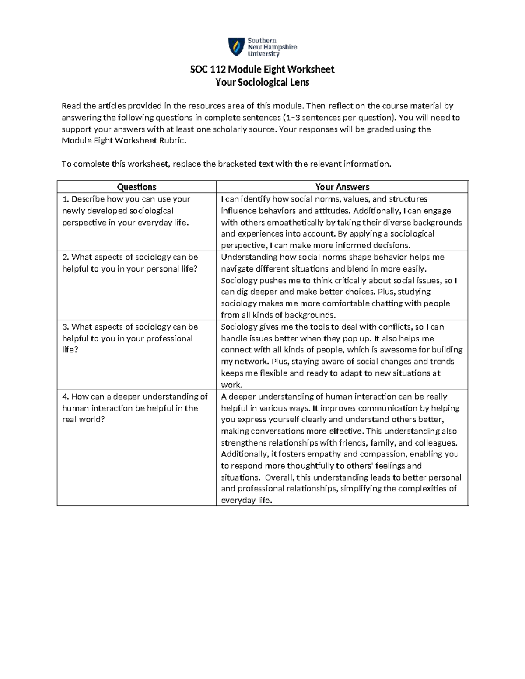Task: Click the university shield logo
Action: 236,47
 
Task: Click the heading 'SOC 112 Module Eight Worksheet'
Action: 262,70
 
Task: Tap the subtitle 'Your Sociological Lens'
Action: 262,82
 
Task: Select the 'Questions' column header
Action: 136,187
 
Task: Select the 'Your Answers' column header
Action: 342,187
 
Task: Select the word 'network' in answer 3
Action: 252,362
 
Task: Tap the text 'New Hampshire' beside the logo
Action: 272,47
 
